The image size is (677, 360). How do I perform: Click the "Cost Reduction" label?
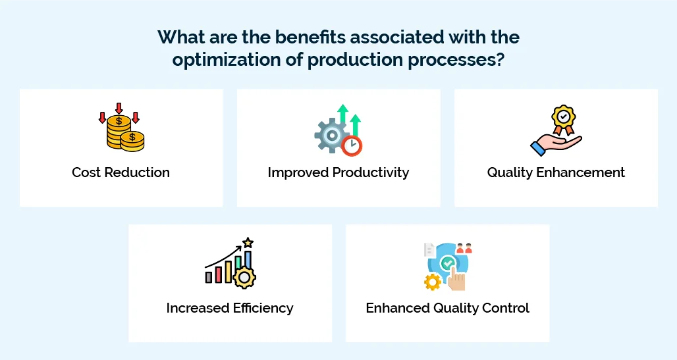(x=121, y=172)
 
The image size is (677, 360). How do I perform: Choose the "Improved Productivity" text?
(x=338, y=172)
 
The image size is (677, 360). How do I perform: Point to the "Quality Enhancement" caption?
(x=556, y=172)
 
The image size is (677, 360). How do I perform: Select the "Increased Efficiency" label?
(x=230, y=308)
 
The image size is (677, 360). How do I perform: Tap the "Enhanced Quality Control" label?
(x=447, y=308)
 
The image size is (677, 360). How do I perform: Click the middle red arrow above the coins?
(x=119, y=108)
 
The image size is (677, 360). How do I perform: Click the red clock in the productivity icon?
(x=353, y=145)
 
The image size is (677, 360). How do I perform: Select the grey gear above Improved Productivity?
(x=329, y=135)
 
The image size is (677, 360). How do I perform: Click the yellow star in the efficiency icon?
(x=248, y=243)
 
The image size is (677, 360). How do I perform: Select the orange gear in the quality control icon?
(x=433, y=282)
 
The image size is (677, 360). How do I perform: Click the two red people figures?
(x=464, y=248)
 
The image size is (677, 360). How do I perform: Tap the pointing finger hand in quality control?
(x=456, y=279)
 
